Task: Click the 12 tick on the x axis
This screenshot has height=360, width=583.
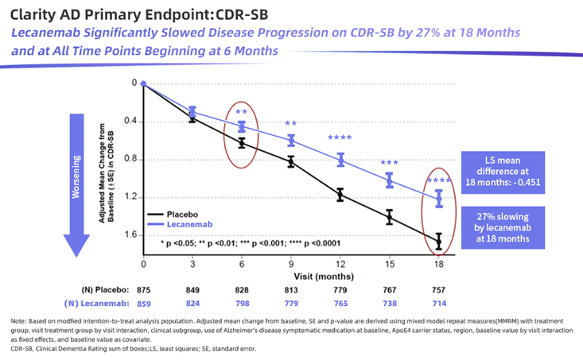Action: [x=340, y=263]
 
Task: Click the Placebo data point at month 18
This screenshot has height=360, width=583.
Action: [x=438, y=240]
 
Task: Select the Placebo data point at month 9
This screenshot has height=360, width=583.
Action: [x=291, y=161]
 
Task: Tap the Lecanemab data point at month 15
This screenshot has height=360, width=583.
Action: [x=390, y=180]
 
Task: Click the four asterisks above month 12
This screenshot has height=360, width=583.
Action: [x=340, y=139]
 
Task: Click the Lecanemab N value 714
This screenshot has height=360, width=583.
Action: [x=438, y=305]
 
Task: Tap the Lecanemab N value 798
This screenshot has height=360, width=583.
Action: [x=242, y=305]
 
